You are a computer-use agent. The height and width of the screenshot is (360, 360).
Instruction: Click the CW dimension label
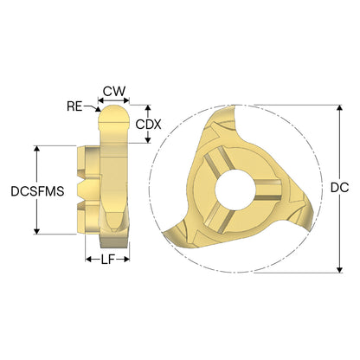[114, 91]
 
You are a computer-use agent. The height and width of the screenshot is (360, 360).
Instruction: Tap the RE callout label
[74, 106]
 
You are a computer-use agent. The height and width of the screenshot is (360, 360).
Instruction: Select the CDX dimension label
[148, 125]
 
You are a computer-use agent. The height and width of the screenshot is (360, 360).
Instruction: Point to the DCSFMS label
[37, 191]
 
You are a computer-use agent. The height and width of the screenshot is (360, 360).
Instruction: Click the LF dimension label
[108, 260]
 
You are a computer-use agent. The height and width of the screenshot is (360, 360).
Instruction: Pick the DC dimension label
[339, 188]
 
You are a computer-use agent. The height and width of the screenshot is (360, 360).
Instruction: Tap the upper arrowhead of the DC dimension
[340, 108]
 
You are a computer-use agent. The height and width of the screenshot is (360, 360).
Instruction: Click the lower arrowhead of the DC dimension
[340, 269]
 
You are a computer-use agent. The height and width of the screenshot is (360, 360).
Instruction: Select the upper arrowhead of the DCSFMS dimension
[36, 149]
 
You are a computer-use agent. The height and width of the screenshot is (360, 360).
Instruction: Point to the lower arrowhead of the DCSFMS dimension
[36, 231]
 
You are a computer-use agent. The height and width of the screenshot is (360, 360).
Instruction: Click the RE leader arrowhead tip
[99, 110]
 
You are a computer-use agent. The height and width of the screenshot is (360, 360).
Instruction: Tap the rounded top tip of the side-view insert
[112, 106]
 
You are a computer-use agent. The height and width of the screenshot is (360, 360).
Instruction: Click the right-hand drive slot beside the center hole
[269, 190]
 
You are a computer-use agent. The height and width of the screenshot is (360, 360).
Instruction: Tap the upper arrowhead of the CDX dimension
[148, 108]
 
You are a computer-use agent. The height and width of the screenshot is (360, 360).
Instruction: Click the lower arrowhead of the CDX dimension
[148, 139]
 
